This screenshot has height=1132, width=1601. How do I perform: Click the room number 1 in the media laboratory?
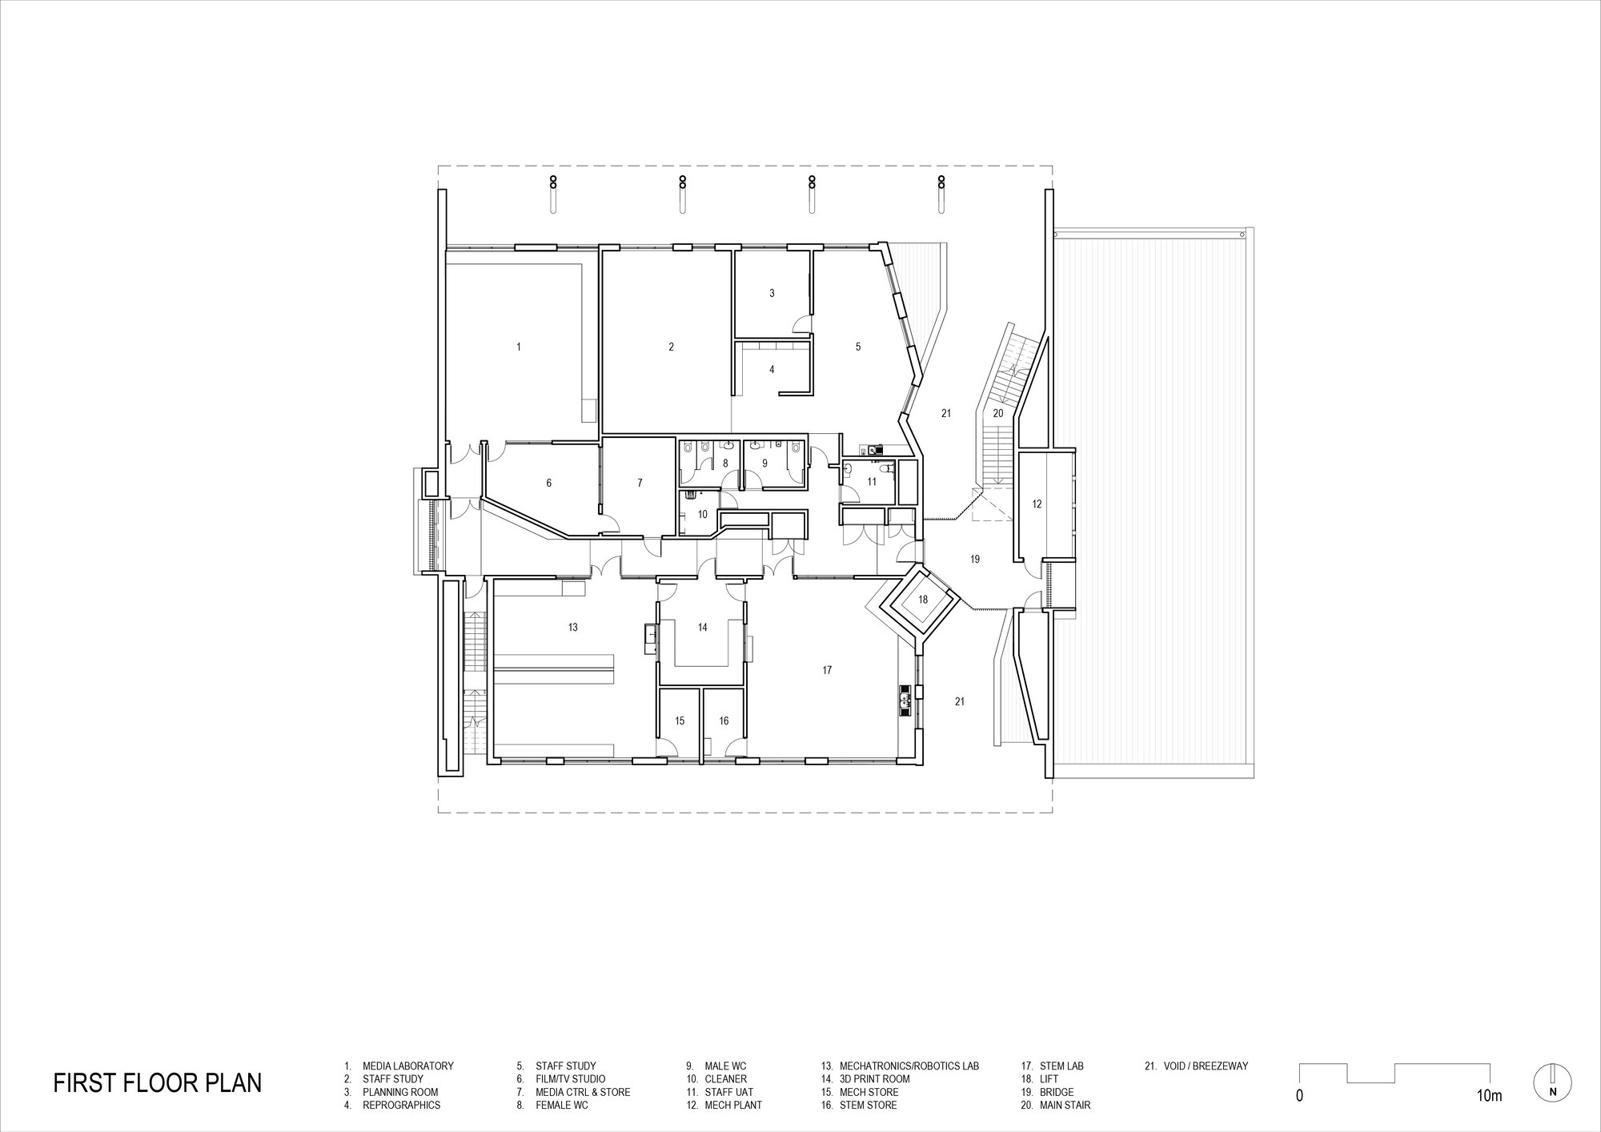coord(519,347)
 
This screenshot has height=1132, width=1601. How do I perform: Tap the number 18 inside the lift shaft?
coord(923,600)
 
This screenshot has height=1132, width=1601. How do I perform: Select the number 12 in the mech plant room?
coord(1037,504)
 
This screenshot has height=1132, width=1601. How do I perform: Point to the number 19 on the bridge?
coord(975,560)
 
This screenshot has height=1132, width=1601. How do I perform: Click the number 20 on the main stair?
coord(997,414)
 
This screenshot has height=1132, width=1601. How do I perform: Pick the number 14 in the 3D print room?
coord(702,628)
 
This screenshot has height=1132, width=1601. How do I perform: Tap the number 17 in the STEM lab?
coord(827,670)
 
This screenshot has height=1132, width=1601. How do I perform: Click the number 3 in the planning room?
coord(772,294)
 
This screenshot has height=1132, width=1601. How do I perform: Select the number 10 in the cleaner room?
coord(702,514)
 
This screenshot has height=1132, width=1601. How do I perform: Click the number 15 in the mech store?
coord(680,721)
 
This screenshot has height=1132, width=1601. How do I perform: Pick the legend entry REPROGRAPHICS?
coord(401,1105)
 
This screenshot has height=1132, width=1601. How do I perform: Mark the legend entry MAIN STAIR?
coord(1065,1105)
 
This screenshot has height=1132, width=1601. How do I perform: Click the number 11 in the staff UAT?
coord(872,482)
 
